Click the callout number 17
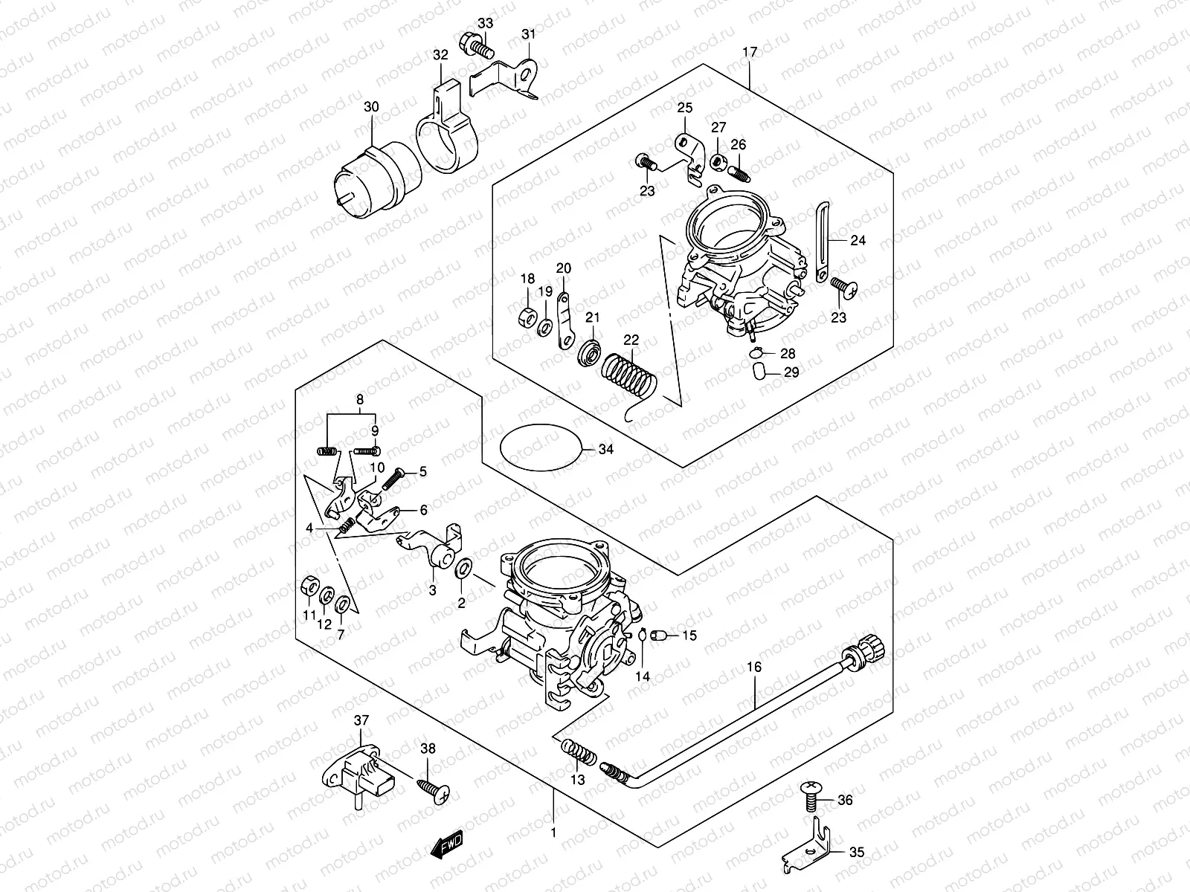[750, 52]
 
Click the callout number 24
[837, 240]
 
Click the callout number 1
[553, 833]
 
